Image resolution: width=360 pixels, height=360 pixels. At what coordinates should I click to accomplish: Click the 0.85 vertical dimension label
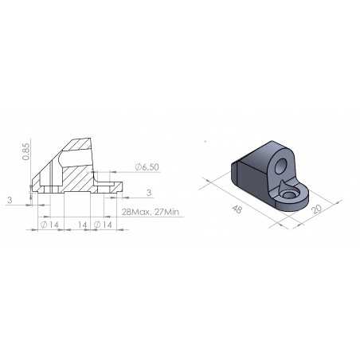pyautogui.click(x=27, y=151)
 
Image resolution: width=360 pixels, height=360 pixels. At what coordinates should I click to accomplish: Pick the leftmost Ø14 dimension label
pyautogui.click(x=50, y=226)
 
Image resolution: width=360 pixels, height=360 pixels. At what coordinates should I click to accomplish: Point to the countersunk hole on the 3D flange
pyautogui.click(x=289, y=194)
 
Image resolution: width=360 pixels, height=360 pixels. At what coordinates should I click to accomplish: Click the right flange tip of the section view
pyautogui.click(x=120, y=189)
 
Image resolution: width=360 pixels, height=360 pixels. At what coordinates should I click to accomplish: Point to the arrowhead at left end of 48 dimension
pyautogui.click(x=205, y=182)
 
